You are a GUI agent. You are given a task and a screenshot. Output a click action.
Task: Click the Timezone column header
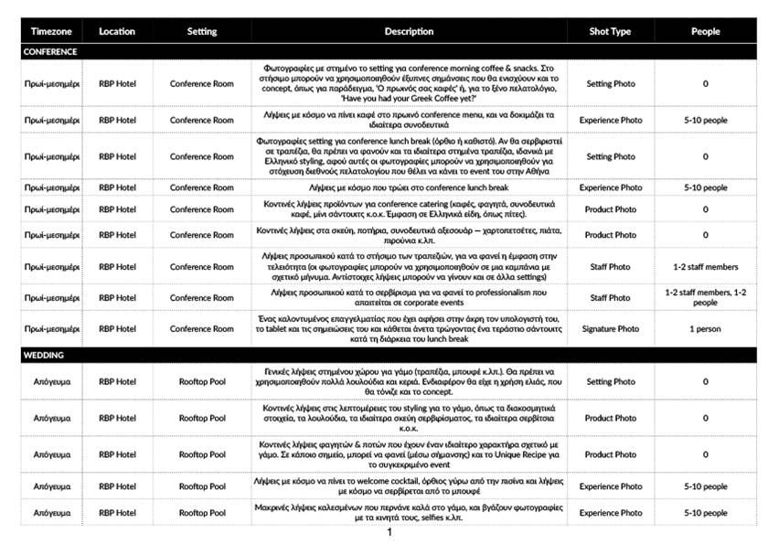pos(53,32)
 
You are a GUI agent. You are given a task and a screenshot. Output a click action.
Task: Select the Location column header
pos(117,32)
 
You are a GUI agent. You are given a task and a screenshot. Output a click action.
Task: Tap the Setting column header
pos(202,32)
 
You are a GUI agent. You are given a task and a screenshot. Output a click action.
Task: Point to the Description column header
pos(409,32)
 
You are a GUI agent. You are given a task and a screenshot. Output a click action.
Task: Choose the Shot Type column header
pos(611,32)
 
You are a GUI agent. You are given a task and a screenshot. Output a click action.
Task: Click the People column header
pos(705,32)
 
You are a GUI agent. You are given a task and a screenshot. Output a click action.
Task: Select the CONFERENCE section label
pos(50,52)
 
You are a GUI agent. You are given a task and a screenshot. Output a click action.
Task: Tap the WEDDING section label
pos(43,355)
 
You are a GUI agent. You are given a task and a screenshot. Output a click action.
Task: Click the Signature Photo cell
pos(611,328)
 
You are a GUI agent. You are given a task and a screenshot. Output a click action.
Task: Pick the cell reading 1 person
pos(705,328)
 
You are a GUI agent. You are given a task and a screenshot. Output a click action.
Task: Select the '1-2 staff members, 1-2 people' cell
pos(705,297)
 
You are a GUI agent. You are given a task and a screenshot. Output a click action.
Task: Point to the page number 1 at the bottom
pos(389,532)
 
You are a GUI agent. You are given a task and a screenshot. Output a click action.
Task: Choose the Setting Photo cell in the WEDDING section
pos(611,382)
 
